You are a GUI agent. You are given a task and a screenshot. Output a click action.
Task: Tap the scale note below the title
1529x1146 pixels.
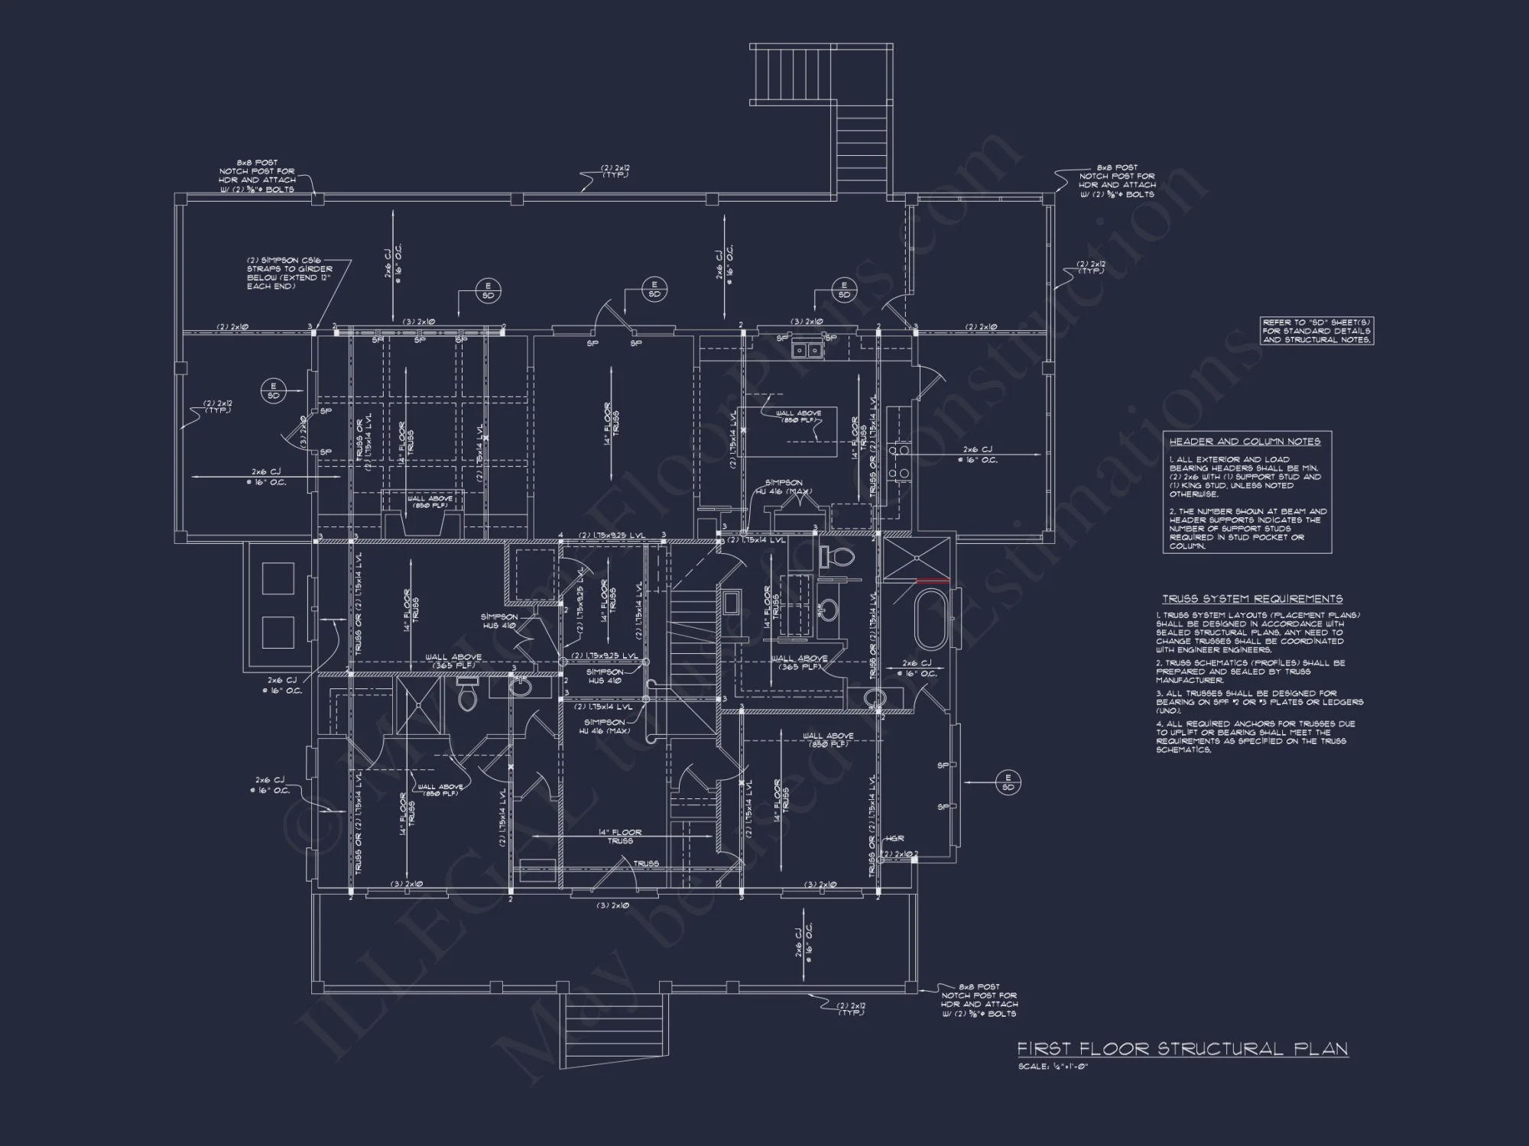[x=1052, y=1067]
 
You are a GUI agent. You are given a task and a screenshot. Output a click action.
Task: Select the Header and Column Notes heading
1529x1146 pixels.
[x=1244, y=442]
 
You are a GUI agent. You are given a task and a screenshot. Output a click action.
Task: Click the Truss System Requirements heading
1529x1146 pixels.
[x=1252, y=599]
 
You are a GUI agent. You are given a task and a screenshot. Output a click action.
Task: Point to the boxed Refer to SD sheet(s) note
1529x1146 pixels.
[x=1316, y=331]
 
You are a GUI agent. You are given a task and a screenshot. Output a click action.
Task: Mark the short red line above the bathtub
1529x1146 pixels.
[x=933, y=582]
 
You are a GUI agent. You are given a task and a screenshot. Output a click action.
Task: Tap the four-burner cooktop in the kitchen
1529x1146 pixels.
[x=899, y=462]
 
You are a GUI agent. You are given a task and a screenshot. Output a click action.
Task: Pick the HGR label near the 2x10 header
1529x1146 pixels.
[x=894, y=839]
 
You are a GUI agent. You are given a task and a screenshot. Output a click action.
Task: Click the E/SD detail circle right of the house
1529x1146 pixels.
[x=1008, y=782]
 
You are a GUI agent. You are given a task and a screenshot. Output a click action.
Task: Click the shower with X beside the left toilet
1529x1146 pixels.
[x=422, y=707]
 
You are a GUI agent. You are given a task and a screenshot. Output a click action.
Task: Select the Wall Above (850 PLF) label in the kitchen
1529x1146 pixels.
[x=798, y=416]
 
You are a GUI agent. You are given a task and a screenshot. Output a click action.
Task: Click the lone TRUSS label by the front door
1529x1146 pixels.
[x=645, y=863]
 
